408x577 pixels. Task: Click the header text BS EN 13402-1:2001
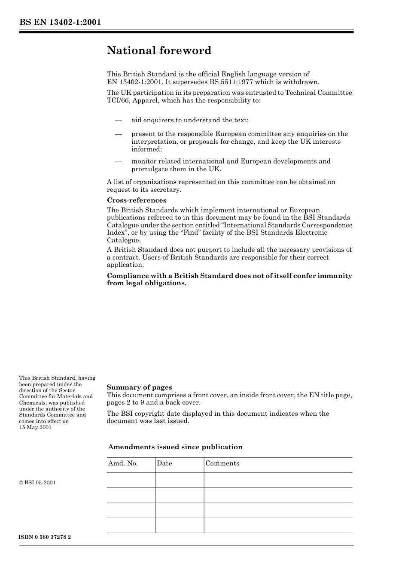tap(60, 22)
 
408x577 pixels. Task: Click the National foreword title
tap(159, 51)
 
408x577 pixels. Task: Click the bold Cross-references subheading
tap(136, 200)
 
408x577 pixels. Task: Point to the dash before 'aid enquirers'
tap(119, 120)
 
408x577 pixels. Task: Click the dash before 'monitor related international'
tap(119, 161)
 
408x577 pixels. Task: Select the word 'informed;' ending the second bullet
tap(146, 149)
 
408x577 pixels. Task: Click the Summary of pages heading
tap(139, 387)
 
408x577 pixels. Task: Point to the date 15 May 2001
tap(35, 427)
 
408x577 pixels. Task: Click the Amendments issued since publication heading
tap(175, 447)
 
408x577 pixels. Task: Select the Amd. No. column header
tap(123, 463)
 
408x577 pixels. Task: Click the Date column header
tap(164, 463)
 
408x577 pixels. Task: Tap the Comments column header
tap(222, 463)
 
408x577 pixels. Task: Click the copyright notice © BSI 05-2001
tap(37, 483)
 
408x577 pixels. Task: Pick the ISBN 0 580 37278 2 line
tap(45, 537)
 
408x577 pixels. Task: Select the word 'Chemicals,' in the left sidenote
tap(33, 403)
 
